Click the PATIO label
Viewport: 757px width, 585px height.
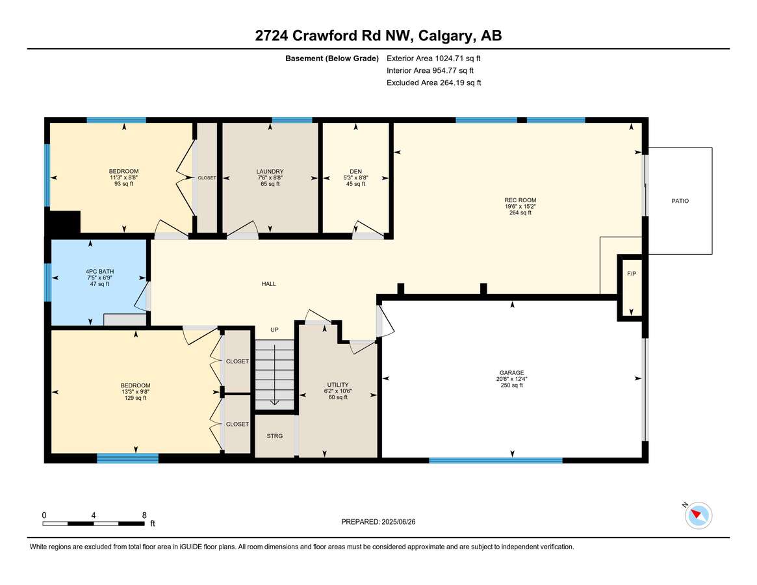pos(680,201)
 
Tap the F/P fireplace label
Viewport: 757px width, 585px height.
pos(631,274)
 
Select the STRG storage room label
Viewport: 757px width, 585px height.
pos(275,436)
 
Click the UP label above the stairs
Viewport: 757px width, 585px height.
pos(274,330)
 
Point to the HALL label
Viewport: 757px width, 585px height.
pos(268,284)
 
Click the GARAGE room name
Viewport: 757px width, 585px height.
pos(511,373)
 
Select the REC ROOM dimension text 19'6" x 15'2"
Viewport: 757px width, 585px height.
pos(520,206)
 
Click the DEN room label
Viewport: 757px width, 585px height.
pos(355,172)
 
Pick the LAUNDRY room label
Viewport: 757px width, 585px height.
pos(270,172)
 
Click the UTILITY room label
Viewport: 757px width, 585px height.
pos(338,385)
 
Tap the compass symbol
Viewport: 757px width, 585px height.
pos(699,515)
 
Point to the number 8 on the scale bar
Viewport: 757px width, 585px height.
pos(144,515)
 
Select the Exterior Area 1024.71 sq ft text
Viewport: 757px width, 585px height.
pos(433,58)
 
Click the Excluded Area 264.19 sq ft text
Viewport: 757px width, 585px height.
pos(433,83)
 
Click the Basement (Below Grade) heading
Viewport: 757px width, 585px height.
pos(331,58)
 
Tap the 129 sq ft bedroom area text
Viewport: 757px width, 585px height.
pos(135,398)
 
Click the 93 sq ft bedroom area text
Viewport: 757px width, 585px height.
pos(123,184)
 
